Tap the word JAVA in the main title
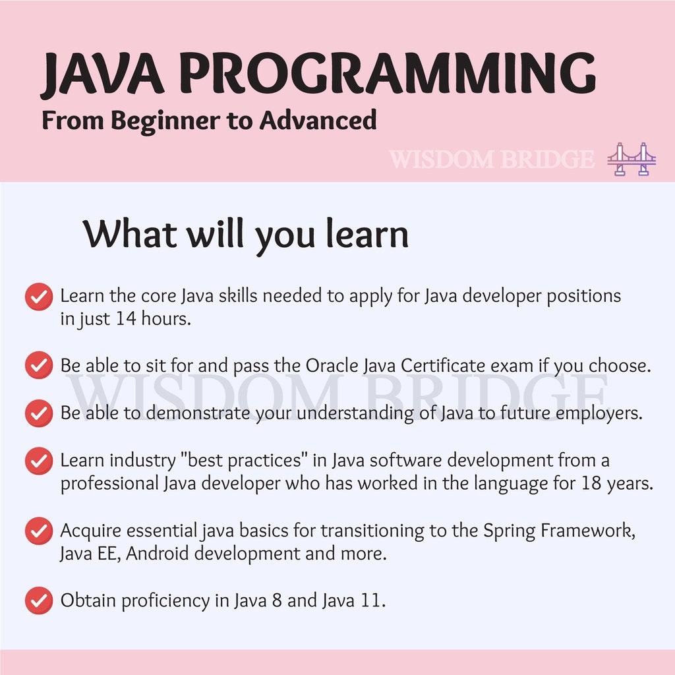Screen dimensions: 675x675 [102, 74]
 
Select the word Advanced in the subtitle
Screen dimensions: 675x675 [318, 120]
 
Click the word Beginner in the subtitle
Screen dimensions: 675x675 [165, 121]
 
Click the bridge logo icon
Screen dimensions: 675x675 [631, 159]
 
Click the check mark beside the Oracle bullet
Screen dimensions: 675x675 [39, 365]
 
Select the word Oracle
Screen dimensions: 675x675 [332, 365]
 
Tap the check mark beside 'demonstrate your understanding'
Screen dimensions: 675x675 [39, 413]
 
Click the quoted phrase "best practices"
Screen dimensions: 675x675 [241, 460]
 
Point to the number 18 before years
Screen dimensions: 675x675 [591, 483]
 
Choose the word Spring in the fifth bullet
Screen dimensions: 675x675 [509, 531]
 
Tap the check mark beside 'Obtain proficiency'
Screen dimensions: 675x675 [39, 600]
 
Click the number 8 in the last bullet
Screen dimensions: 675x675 [277, 601]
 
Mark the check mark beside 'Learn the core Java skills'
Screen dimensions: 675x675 [39, 296]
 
